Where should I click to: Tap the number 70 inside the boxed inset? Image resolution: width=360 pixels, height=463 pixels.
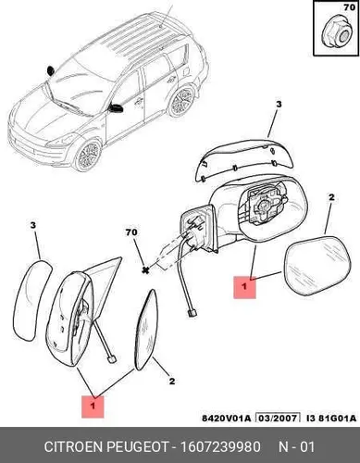(350, 7)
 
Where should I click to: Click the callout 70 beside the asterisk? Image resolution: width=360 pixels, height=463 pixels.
(131, 232)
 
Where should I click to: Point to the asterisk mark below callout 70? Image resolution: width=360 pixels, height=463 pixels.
(144, 270)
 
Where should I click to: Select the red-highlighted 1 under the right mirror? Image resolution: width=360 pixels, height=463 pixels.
(244, 287)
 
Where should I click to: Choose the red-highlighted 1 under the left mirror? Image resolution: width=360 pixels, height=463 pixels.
(93, 407)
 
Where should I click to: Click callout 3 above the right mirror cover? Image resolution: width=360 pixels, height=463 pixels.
(279, 104)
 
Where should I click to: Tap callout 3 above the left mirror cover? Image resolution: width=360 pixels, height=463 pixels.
(33, 225)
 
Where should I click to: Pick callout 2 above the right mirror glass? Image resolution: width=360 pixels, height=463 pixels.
(331, 197)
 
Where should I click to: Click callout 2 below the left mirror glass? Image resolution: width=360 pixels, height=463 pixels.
(172, 381)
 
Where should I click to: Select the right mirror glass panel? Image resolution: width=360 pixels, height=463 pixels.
(317, 266)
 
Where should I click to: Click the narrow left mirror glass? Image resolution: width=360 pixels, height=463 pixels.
(146, 330)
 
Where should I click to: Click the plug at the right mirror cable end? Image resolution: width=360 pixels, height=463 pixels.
(192, 313)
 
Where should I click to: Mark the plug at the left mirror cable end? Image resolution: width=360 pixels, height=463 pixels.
(111, 359)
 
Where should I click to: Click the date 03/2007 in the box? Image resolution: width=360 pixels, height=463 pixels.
(279, 418)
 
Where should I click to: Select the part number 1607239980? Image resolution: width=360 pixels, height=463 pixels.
(220, 446)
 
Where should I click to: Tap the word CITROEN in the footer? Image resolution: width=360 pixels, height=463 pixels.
(73, 446)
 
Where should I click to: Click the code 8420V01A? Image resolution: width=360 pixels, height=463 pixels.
(227, 418)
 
